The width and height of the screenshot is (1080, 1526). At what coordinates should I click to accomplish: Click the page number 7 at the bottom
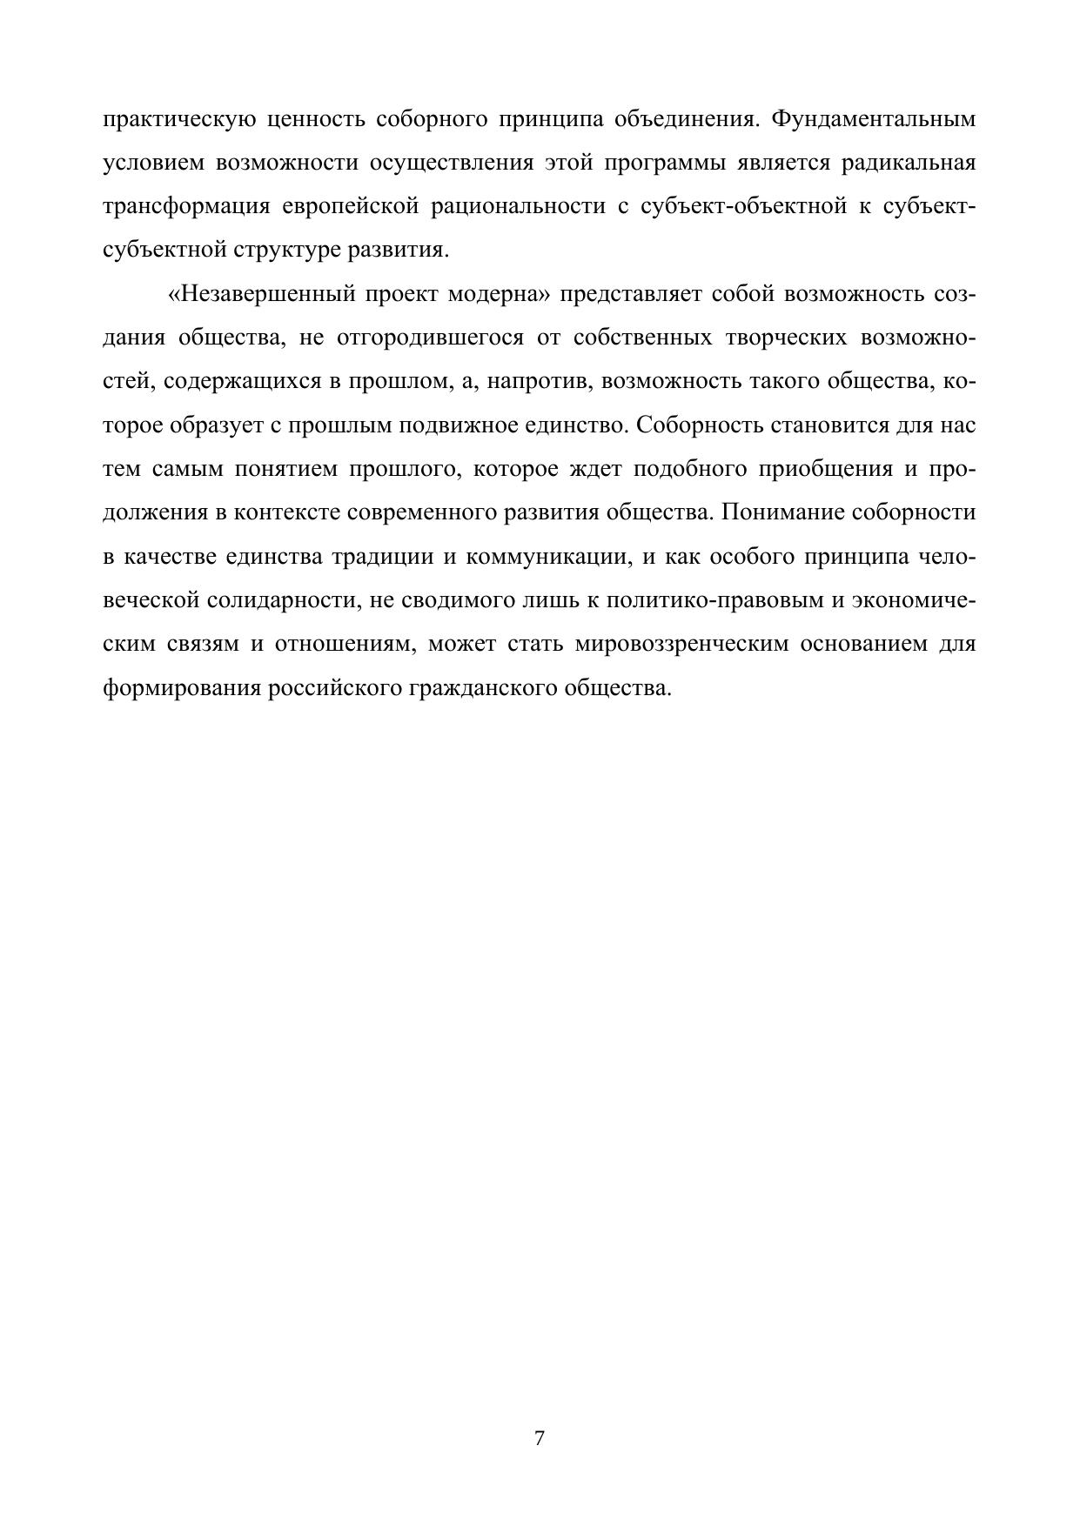pos(539,1437)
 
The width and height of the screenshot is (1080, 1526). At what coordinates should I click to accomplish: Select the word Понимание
pos(781,512)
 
